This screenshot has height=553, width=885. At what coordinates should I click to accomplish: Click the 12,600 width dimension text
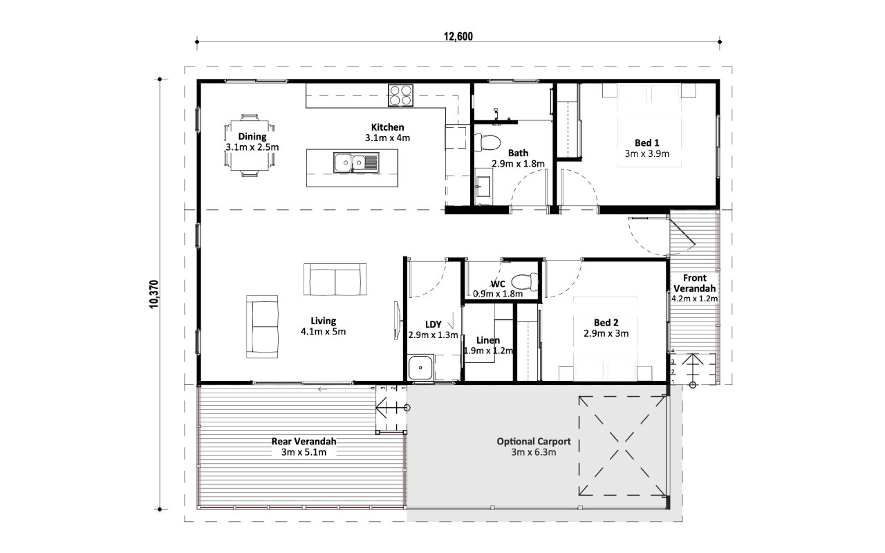point(458,37)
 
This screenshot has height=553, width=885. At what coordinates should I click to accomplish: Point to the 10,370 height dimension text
point(153,294)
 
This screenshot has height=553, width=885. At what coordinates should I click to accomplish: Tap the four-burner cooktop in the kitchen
point(400,95)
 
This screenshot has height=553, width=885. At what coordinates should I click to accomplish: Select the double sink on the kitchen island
point(356,162)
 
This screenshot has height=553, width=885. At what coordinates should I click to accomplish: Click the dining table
point(250,145)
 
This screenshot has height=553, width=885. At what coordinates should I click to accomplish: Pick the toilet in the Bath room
point(487,142)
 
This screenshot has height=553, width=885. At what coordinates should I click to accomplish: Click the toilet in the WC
point(525,282)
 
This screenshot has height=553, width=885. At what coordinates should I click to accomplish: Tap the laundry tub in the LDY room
point(420,367)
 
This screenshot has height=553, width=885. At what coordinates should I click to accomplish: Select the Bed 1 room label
point(646,148)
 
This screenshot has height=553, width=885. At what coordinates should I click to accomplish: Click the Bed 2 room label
point(606,328)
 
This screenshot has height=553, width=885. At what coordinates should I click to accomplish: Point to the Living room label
point(323,326)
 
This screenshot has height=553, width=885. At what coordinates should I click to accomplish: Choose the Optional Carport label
point(533,447)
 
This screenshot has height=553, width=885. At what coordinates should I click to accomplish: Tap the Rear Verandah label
point(304,447)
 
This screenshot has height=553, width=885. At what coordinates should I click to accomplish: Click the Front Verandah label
point(695,288)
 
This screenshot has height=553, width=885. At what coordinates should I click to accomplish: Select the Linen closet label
point(488,345)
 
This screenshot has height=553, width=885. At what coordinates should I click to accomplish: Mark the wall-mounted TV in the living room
point(397,320)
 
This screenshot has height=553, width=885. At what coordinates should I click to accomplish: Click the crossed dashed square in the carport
point(622,446)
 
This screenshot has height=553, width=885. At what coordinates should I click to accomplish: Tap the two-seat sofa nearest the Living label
point(335,280)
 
